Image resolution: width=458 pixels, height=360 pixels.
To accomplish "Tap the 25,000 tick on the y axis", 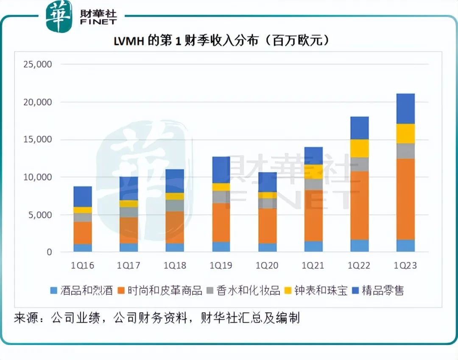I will click(x=37, y=65).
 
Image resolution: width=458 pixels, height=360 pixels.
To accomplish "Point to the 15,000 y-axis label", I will click(x=37, y=140).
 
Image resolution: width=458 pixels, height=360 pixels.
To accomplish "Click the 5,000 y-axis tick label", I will click(x=40, y=215).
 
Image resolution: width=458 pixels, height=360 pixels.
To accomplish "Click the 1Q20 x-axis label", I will click(x=267, y=266).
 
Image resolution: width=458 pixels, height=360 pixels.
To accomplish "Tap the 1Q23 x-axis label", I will click(x=405, y=266).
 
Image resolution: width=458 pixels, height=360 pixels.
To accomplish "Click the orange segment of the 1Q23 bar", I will click(x=405, y=199).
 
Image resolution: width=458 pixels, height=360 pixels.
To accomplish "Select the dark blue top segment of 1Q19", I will click(x=221, y=170).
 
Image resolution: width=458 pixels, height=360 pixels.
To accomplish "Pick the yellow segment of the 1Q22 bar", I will click(x=359, y=148).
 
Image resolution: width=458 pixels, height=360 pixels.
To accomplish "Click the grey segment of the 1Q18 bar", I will click(x=175, y=205).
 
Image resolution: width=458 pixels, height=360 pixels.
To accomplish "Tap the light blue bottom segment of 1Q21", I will click(x=313, y=246).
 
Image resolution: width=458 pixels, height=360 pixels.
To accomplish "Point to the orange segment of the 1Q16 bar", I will click(x=82, y=233).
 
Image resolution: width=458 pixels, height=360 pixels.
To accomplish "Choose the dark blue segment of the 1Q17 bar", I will click(x=128, y=188).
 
